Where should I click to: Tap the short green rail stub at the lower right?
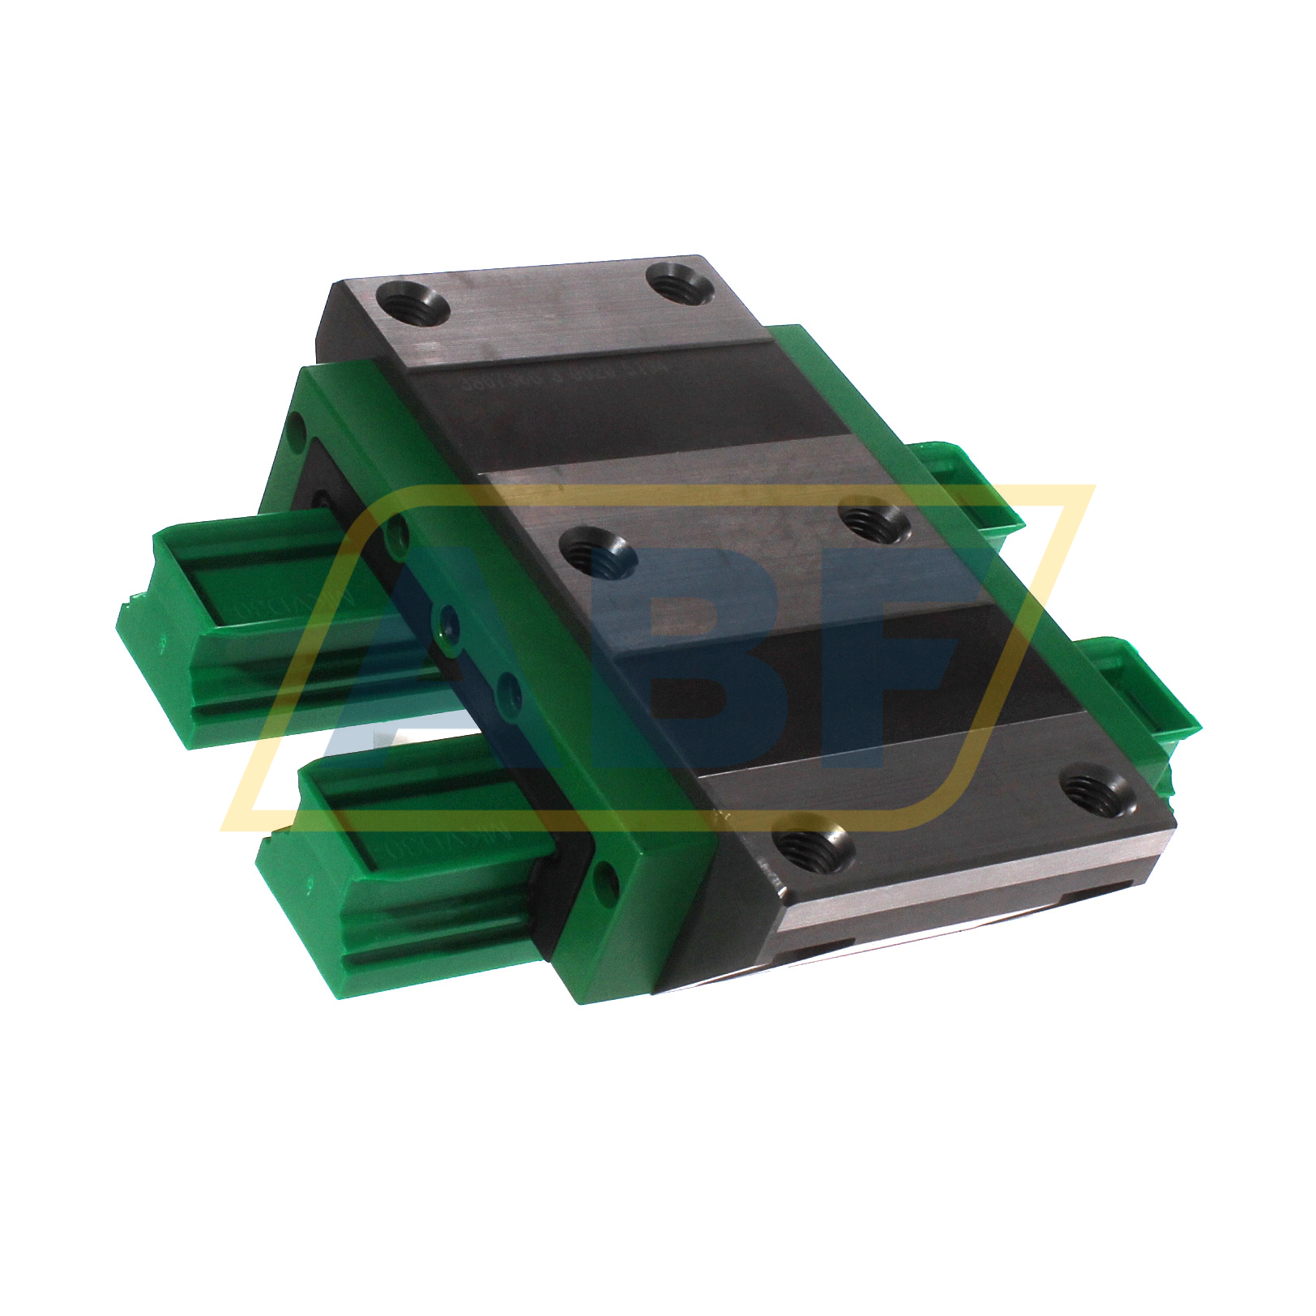tap(1151, 689)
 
